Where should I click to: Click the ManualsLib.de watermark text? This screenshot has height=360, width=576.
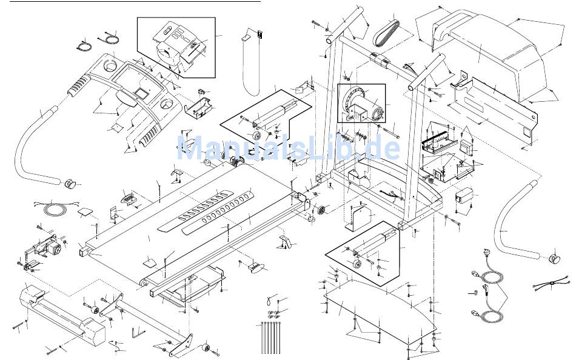point(288,147)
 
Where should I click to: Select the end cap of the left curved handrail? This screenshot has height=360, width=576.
point(69,182)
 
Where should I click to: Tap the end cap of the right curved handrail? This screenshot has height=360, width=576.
point(553,259)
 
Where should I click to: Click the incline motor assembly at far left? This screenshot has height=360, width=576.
point(44,249)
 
